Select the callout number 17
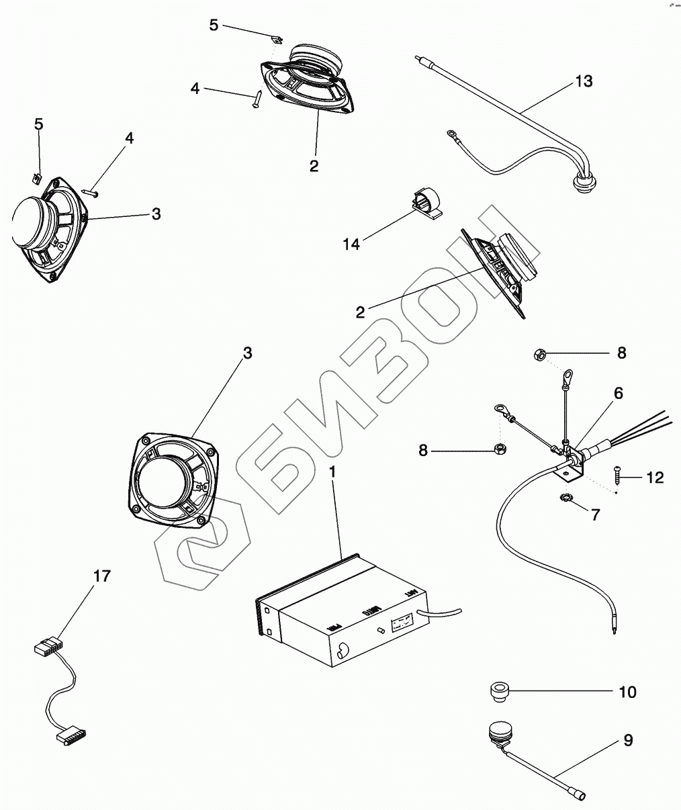[x=102, y=576]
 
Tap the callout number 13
[x=584, y=82]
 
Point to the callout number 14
[x=351, y=244]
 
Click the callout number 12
[x=655, y=478]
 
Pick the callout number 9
[x=627, y=741]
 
